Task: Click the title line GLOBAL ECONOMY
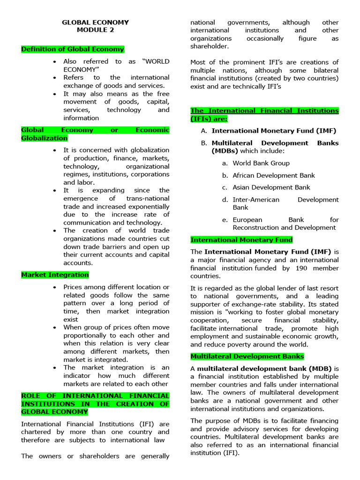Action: click(95, 22)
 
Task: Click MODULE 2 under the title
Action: click(95, 30)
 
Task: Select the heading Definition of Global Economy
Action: click(73, 49)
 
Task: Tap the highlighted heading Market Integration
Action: click(55, 275)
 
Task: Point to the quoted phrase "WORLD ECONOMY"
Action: click(116, 65)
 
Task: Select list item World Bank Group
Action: click(261, 163)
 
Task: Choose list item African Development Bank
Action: click(274, 175)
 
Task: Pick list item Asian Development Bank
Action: click(271, 187)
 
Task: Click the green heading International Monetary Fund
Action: click(241, 240)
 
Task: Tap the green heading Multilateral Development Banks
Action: click(247, 356)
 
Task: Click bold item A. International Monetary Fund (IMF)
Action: click(274, 131)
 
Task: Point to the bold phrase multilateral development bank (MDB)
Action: click(264, 368)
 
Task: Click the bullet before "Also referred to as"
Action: click(55, 62)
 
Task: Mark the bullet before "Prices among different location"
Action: click(55, 287)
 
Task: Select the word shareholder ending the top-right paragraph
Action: click(210, 46)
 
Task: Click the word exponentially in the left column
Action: click(146, 207)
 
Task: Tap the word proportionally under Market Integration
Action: click(88, 336)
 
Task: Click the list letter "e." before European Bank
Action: click(225, 220)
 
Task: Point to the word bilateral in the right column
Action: click(324, 71)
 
